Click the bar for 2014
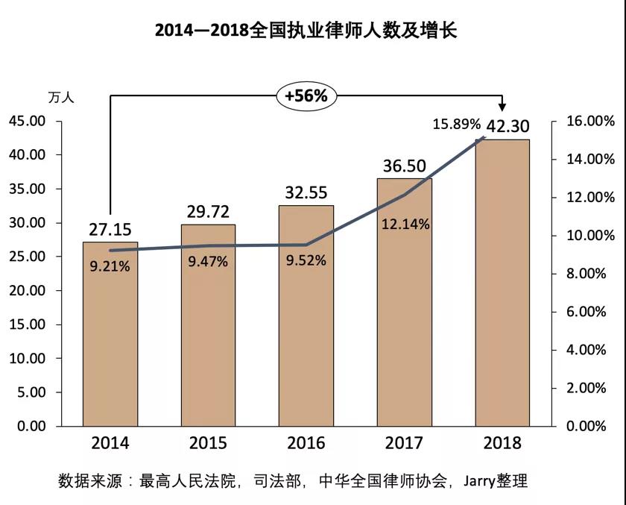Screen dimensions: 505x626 110,336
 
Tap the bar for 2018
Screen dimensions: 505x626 502,283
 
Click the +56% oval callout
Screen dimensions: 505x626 306,95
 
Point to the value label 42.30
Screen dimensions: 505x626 508,126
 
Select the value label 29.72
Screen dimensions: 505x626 208,211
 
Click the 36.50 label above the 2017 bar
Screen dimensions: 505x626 405,165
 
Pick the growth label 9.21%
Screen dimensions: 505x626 110,266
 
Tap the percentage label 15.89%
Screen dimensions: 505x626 457,123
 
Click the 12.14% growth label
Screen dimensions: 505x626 405,224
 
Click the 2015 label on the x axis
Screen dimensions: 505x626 208,443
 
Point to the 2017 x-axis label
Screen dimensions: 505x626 405,443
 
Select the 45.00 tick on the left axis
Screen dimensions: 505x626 28,121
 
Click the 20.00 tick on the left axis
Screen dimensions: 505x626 28,290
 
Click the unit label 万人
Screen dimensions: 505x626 61,97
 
